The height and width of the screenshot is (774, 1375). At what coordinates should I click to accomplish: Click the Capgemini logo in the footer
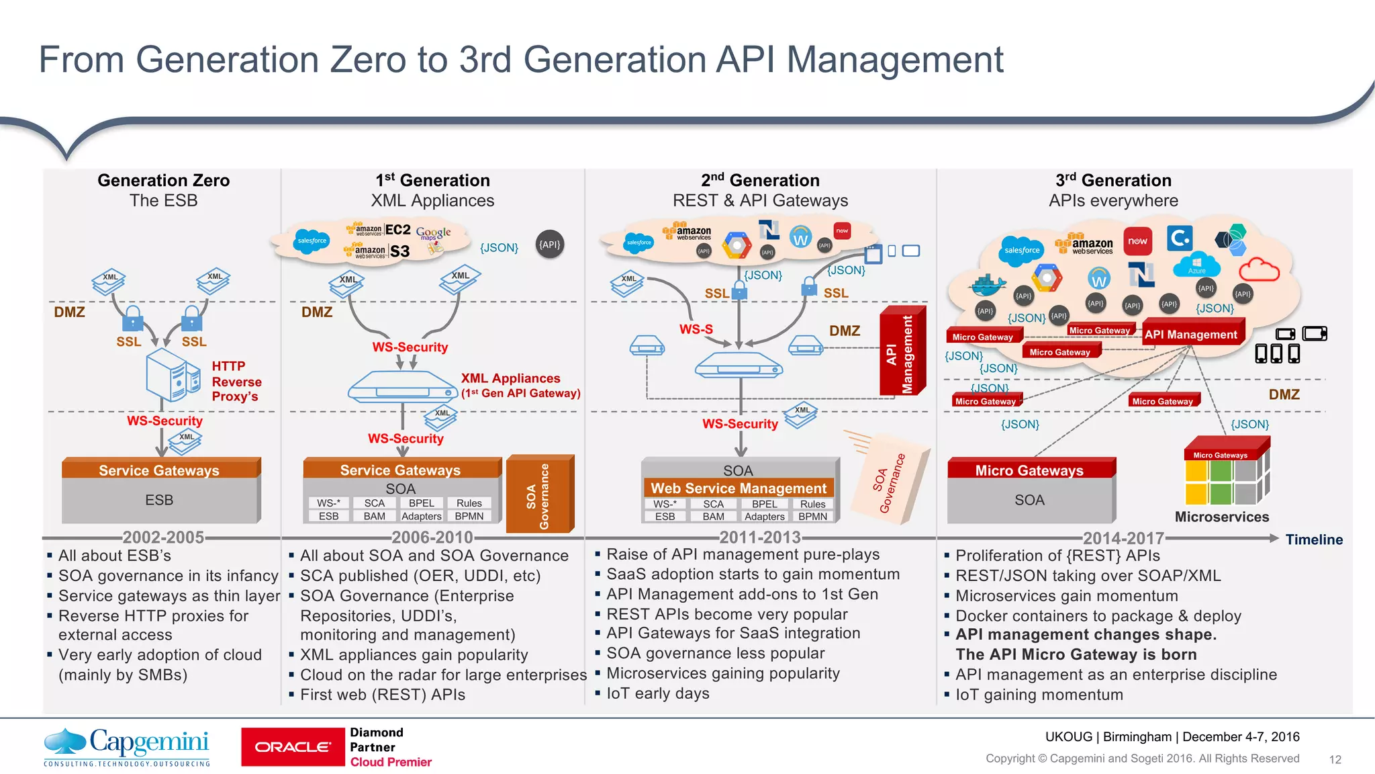(x=127, y=746)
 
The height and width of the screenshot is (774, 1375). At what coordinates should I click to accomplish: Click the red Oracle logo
(x=293, y=747)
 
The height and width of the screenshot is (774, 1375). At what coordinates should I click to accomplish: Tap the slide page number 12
(x=1335, y=759)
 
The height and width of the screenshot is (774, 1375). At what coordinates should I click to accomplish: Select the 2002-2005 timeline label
(x=163, y=537)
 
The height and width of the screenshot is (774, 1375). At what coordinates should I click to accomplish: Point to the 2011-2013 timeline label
(x=760, y=537)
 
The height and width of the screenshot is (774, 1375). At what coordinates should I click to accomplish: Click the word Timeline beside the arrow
(x=1314, y=540)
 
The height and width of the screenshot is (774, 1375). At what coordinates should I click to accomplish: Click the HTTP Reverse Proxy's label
(x=236, y=381)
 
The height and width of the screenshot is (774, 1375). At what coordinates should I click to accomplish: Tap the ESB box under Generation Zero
(x=159, y=500)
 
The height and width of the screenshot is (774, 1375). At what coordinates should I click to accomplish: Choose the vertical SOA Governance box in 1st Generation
(x=540, y=494)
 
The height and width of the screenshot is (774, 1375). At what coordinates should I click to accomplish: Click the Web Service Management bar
(x=739, y=488)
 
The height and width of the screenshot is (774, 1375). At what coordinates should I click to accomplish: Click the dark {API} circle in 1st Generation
(x=550, y=245)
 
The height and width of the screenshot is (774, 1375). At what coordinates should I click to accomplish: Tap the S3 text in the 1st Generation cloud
(x=400, y=251)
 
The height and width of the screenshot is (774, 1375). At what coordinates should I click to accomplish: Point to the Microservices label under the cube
(x=1221, y=517)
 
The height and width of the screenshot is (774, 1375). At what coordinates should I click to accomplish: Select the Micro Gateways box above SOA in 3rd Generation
(x=1029, y=470)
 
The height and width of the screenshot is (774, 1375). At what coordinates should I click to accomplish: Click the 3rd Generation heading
(x=1113, y=180)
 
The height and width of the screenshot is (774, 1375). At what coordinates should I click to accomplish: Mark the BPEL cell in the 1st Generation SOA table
(x=421, y=503)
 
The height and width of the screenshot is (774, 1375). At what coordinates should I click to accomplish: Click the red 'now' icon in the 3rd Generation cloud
(x=1137, y=241)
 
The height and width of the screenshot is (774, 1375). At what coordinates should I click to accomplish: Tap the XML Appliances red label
(x=510, y=378)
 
